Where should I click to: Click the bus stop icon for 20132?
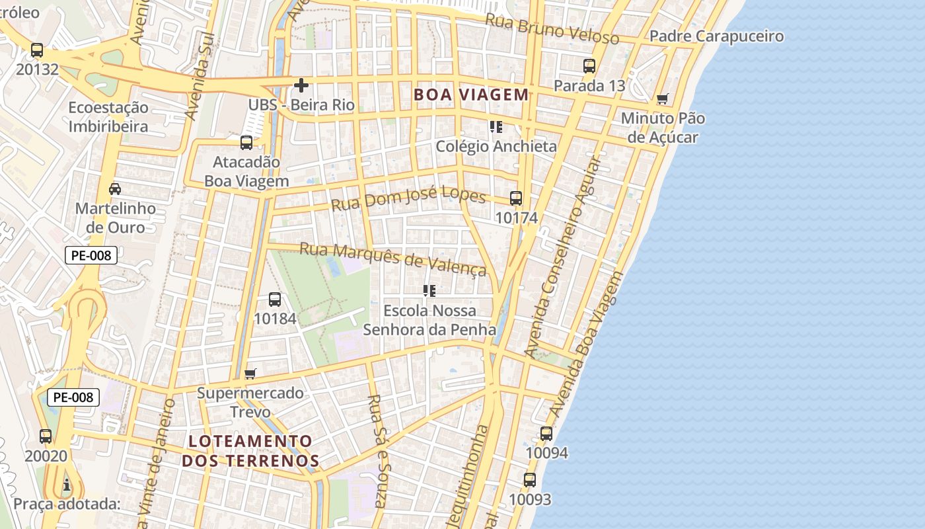[x=37, y=50]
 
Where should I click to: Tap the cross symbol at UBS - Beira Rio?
[x=301, y=85]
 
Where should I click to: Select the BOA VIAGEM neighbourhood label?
[x=471, y=95]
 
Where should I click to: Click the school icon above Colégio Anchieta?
[x=496, y=126]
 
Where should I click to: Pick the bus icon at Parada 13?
[x=589, y=66]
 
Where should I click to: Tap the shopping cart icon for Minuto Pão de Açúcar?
[x=662, y=99]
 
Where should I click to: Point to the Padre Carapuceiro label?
[x=716, y=36]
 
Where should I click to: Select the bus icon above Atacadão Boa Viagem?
[x=246, y=142]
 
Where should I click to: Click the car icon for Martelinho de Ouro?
[x=115, y=189]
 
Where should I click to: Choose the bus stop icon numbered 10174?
[x=516, y=198]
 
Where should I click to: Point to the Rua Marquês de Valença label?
[x=393, y=258]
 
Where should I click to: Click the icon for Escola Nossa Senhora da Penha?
[x=429, y=290]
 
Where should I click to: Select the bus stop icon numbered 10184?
[x=275, y=299]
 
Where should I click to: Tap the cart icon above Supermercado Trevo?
[x=250, y=374]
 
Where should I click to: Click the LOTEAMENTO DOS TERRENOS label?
[x=250, y=451]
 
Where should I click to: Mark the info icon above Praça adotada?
[x=67, y=485]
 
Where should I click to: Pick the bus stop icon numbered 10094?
[x=546, y=434]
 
